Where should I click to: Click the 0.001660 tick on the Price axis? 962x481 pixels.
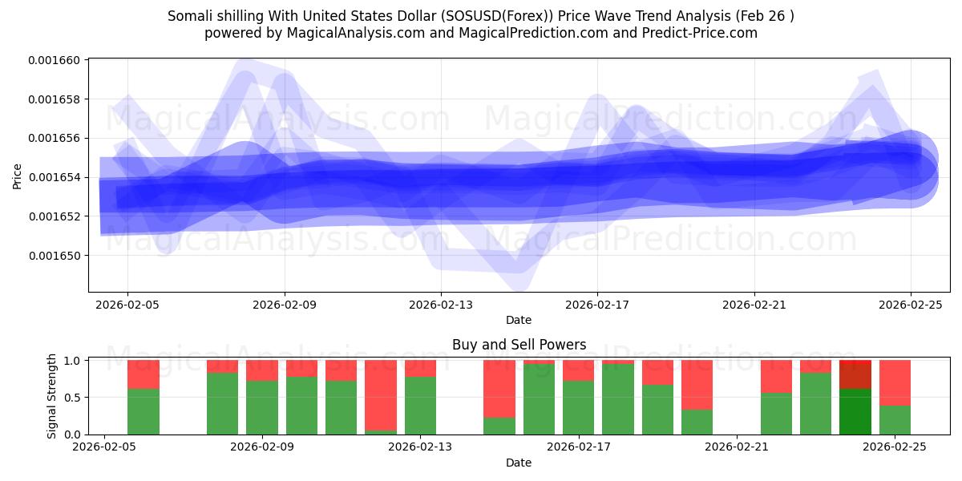(x=58, y=60)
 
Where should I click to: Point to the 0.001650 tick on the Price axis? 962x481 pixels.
(x=58, y=256)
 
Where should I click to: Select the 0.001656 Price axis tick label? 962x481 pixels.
(x=58, y=139)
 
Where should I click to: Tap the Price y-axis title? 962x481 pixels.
(x=18, y=176)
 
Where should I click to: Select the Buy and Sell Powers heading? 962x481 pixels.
(x=519, y=345)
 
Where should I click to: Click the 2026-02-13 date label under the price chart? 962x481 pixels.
(x=440, y=305)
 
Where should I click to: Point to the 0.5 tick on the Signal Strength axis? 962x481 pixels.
(x=72, y=398)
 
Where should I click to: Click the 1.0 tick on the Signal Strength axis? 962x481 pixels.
(x=72, y=361)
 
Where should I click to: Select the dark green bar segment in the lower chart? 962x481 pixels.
(x=855, y=411)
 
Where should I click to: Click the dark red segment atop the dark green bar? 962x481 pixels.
(x=855, y=374)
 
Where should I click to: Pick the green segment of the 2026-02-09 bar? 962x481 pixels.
(x=262, y=407)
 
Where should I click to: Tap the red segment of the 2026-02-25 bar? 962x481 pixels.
(x=895, y=382)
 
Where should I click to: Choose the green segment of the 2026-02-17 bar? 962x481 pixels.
(x=578, y=407)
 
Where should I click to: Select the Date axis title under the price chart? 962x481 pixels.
(x=519, y=320)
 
